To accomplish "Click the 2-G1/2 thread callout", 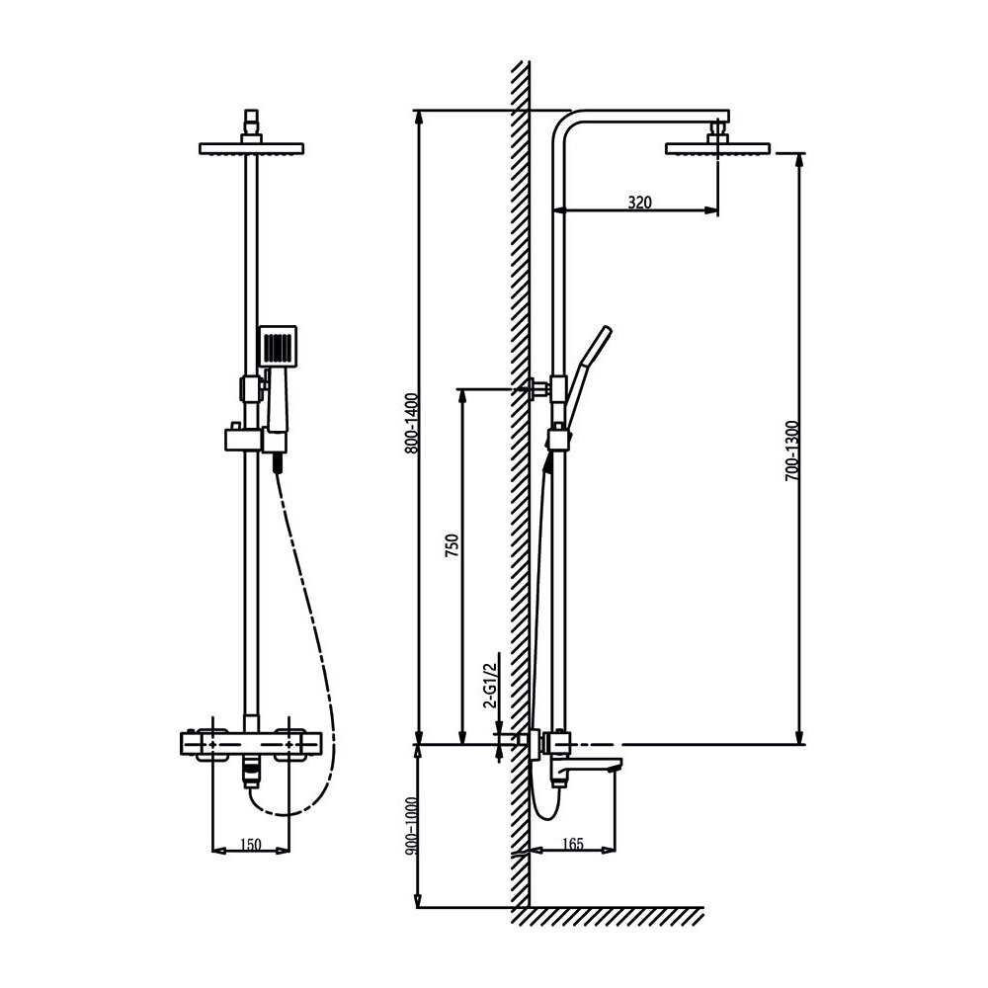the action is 491,681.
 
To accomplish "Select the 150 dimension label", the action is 251,846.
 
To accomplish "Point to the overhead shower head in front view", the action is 251,149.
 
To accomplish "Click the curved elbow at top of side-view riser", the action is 565,123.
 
